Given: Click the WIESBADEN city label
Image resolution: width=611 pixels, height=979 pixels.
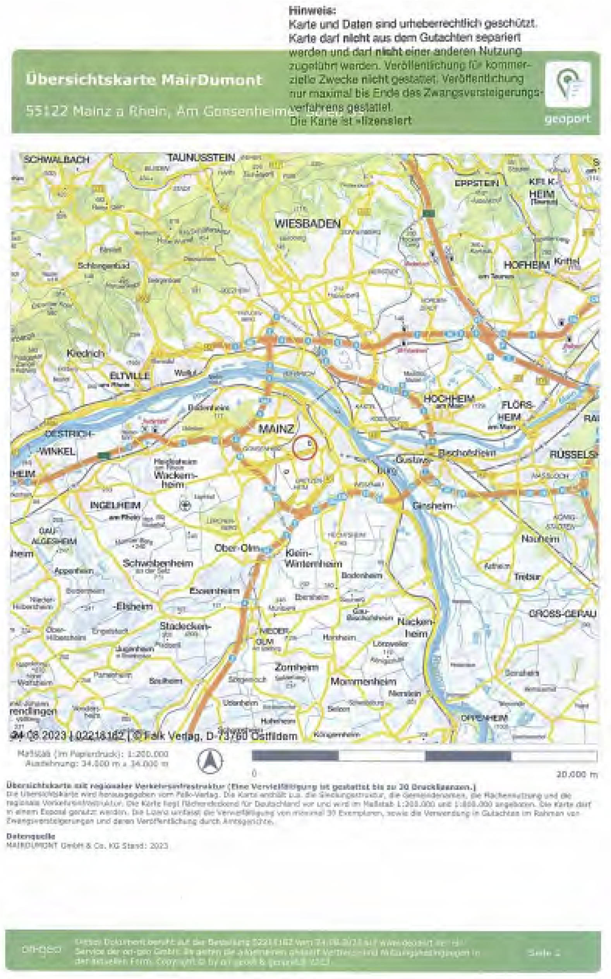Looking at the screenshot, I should coord(307,223).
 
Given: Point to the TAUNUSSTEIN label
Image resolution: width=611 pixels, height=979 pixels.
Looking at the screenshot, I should coord(201,158).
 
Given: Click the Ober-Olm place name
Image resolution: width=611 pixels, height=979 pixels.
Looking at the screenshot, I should coord(235,549).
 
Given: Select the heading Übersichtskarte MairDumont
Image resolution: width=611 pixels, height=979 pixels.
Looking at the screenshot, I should coord(144,80).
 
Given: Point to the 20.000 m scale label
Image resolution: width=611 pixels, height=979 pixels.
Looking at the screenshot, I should coord(576,774).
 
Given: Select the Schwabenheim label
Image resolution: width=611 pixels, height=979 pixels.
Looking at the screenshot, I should coord(158,563).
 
